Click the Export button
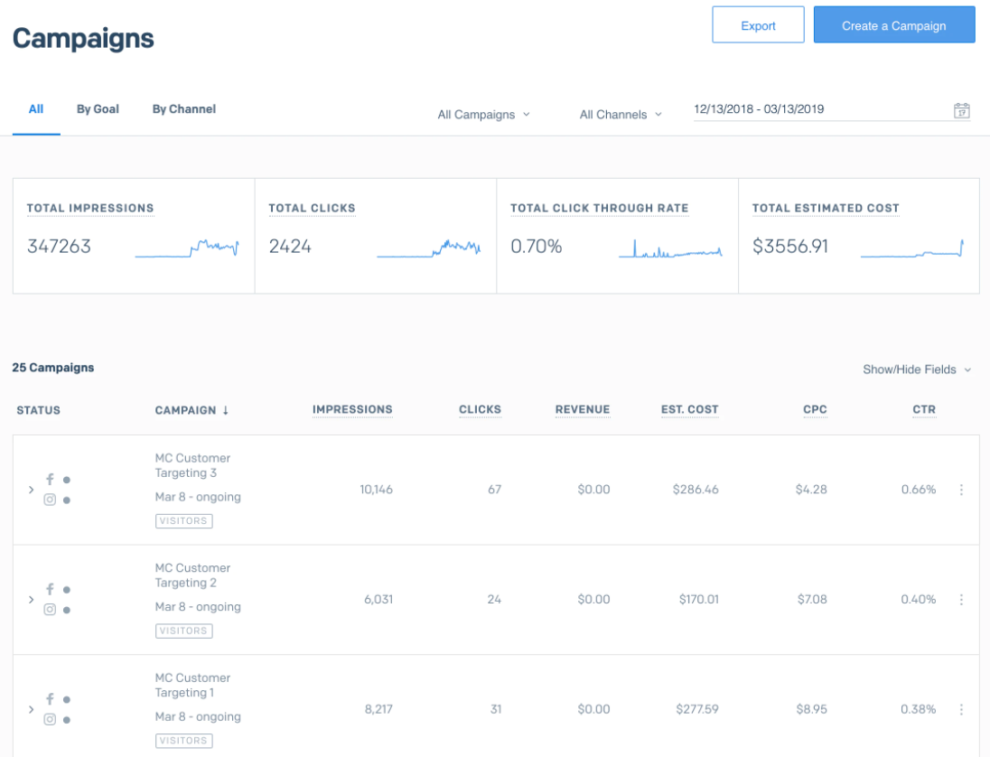[x=758, y=25]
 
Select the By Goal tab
[x=98, y=109]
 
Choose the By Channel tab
[x=183, y=109]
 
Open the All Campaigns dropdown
[x=483, y=115]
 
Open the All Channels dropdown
[x=621, y=115]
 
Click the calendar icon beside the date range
[x=962, y=110]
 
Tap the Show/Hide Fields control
[x=917, y=369]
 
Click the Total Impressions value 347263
[x=59, y=246]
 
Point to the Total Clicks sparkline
[x=429, y=248]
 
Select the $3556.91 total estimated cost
[x=790, y=246]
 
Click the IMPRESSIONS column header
[x=352, y=410]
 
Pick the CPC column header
[x=815, y=410]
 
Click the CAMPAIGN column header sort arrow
[x=226, y=410]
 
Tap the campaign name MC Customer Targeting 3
[x=192, y=465]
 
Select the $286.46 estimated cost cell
[x=696, y=490]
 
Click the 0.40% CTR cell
[x=919, y=599]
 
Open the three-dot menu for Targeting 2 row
[x=961, y=599]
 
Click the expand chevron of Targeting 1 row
[x=31, y=709]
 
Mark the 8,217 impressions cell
[x=378, y=709]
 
